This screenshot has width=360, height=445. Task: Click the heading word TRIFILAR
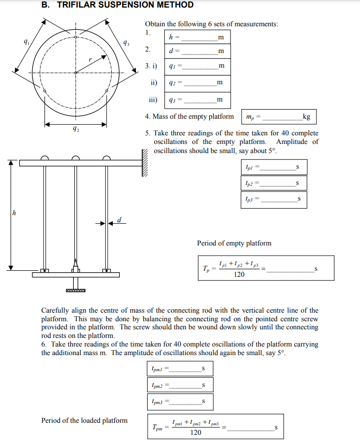79,5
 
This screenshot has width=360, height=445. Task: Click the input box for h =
197,37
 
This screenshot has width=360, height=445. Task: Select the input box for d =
197,52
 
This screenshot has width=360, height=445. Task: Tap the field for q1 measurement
197,67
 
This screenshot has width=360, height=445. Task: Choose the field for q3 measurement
197,100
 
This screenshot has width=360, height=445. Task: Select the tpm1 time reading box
179,369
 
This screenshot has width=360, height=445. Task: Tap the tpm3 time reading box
179,402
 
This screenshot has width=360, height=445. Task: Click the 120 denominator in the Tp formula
239,274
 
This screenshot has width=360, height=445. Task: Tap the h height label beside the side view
14,214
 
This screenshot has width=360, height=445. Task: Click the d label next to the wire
119,220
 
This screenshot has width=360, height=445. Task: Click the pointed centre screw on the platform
75,265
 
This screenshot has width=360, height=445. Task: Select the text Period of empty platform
234,243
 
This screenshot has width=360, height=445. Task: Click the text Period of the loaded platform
84,420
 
